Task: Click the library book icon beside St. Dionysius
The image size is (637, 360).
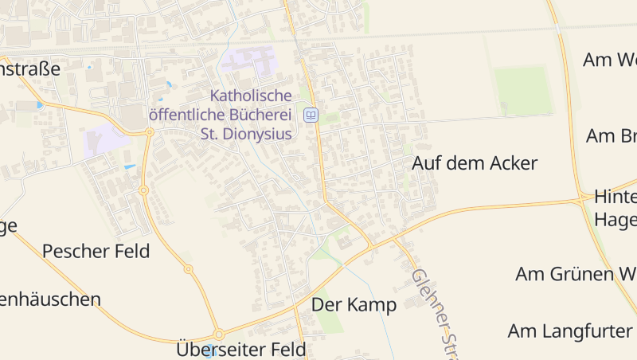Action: click(311, 115)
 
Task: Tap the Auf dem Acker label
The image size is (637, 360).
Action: click(475, 164)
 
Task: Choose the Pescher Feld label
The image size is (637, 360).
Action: click(96, 252)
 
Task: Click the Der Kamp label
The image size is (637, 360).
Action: click(354, 305)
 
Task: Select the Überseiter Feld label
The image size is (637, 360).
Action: click(240, 349)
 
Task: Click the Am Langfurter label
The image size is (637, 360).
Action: click(570, 331)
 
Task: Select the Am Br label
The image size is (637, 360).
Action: click(611, 136)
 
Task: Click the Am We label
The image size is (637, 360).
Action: click(609, 61)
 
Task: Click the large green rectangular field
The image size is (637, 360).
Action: click(522, 90)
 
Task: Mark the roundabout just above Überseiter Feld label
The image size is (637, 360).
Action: click(217, 335)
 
